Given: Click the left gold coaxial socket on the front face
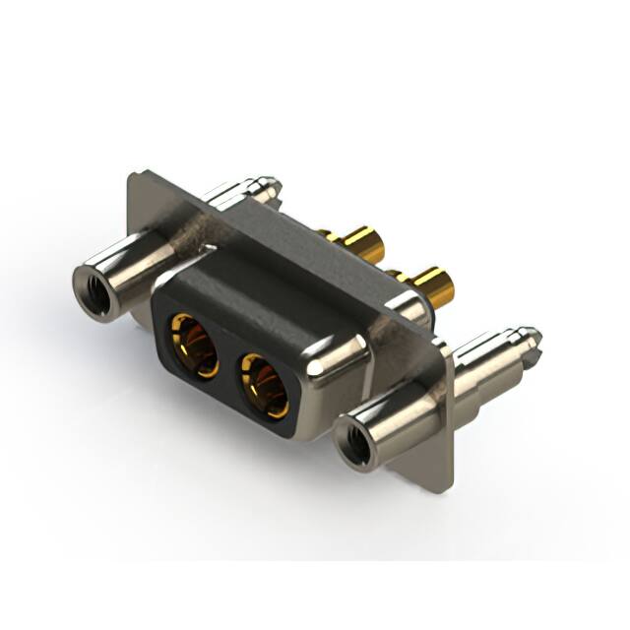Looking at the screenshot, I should coord(193,345).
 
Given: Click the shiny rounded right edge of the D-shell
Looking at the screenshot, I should coord(340,364).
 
